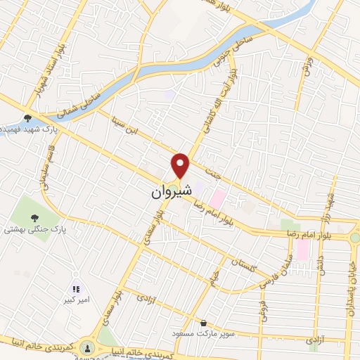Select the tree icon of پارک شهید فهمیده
(x=27, y=119)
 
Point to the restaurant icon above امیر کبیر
(x=77, y=288)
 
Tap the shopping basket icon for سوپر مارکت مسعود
(x=203, y=323)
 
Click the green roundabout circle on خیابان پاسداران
(x=355, y=238)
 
